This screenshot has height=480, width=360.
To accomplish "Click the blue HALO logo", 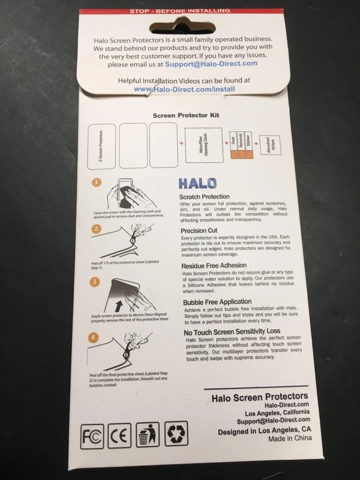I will click(x=197, y=183).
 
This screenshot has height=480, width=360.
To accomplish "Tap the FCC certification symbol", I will click(x=92, y=435).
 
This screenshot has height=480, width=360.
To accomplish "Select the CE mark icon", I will click(x=119, y=435).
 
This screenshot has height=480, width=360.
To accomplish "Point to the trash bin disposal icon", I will click(x=147, y=434).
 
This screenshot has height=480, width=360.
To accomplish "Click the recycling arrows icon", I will click(x=176, y=433).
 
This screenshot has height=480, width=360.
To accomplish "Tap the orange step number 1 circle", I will click(x=98, y=182).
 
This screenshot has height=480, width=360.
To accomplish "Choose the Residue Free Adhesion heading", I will click(x=214, y=266).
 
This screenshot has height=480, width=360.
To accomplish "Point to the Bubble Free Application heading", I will click(x=217, y=301).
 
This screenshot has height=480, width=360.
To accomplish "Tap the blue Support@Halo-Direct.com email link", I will click(x=221, y=63).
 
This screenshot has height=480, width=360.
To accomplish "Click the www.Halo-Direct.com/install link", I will click(x=185, y=89).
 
